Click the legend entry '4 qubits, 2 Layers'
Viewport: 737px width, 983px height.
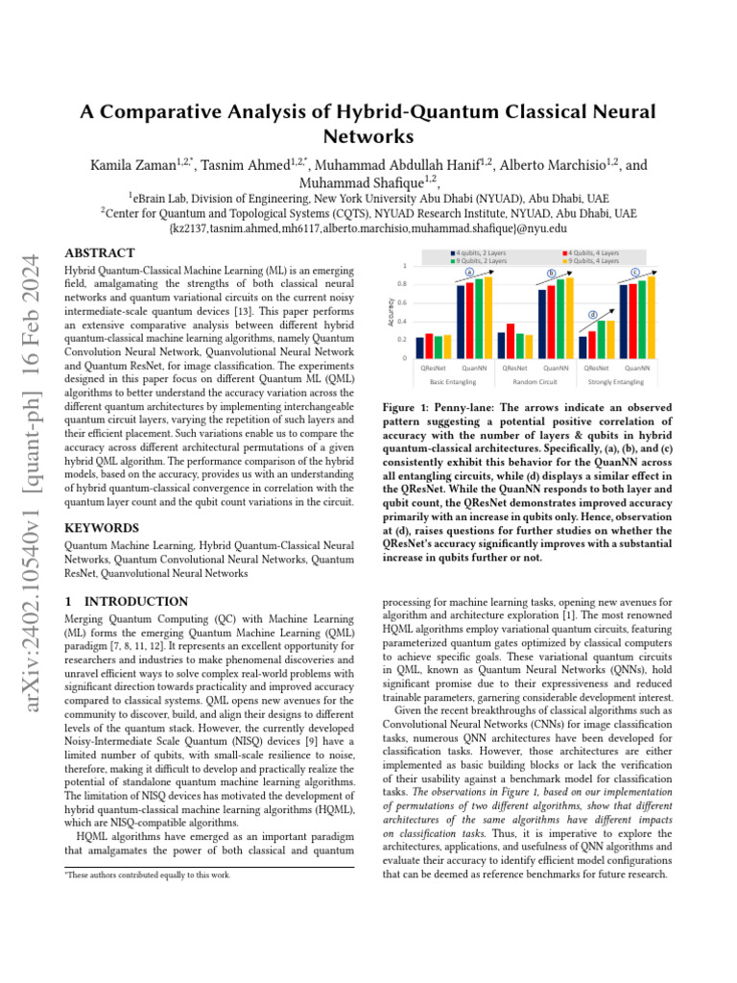coord(480,252)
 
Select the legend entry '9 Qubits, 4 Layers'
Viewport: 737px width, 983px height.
coord(594,261)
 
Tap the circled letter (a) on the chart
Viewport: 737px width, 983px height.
coord(469,273)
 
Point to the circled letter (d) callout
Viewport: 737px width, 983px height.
coord(592,314)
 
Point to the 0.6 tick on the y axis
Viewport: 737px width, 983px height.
coord(402,303)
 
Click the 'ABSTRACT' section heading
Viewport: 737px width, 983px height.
coord(99,253)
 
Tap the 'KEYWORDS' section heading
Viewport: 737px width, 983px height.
coord(102,528)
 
